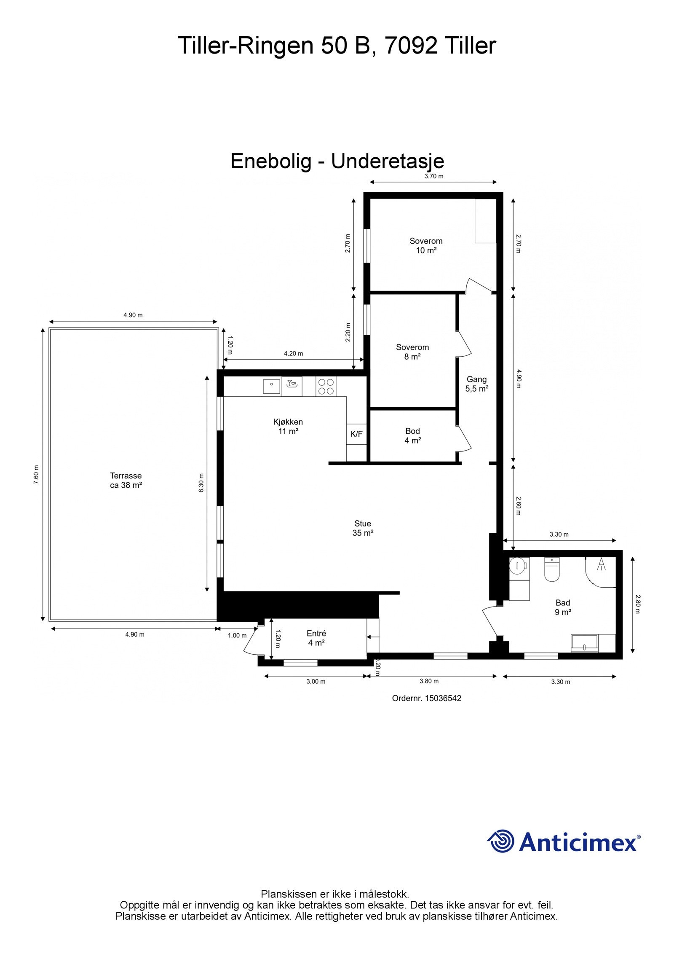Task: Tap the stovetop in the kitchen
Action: (326, 387)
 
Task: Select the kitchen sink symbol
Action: (271, 386)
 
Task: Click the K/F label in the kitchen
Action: (356, 434)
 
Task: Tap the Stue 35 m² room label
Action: (363, 528)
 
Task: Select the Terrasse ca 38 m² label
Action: (126, 480)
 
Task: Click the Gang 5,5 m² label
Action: (476, 384)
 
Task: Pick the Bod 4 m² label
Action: (412, 435)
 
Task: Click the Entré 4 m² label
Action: (316, 638)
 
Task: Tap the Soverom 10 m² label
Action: (426, 245)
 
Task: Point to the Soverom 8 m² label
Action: (412, 352)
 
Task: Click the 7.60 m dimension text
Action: (36, 474)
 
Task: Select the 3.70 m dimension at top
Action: (433, 176)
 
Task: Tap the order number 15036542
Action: (426, 698)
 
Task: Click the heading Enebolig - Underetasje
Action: (337, 161)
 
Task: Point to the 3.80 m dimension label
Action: (429, 681)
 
